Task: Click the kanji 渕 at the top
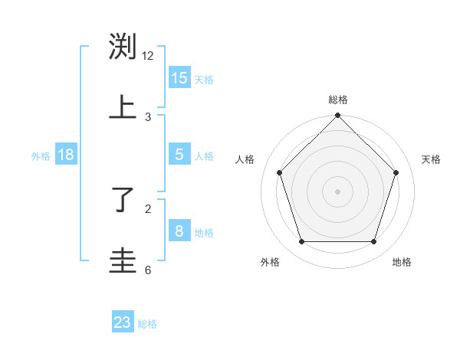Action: click(123, 47)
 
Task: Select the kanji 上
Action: click(123, 107)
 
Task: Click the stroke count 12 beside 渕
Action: click(148, 55)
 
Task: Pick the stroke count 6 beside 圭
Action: click(148, 270)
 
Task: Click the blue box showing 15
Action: click(179, 78)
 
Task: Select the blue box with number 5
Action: click(179, 155)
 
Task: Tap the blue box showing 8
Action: click(179, 231)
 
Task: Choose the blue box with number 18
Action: click(66, 155)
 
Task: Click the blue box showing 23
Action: click(123, 322)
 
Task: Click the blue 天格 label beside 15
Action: click(204, 80)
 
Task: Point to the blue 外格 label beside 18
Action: click(41, 156)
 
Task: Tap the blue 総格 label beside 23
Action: click(147, 324)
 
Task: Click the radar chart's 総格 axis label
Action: click(338, 100)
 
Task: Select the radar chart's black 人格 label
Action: click(245, 159)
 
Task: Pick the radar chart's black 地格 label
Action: click(402, 262)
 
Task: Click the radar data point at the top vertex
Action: click(338, 116)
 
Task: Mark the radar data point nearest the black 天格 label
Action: click(396, 172)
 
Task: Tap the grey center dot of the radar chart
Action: click(338, 191)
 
